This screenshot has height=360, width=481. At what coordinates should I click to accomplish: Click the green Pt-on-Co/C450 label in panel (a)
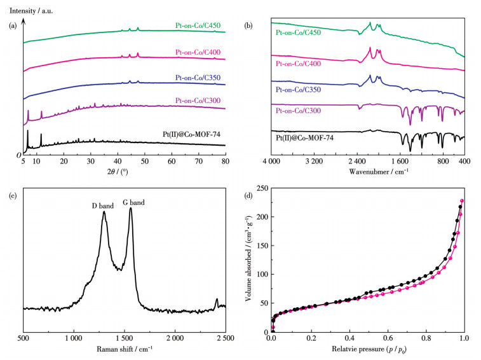(198, 26)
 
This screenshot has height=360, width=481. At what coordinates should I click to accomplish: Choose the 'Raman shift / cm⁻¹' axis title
(125, 349)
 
